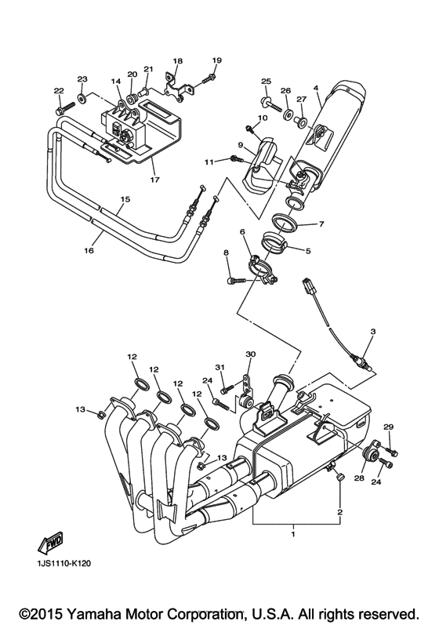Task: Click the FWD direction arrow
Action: [49, 544]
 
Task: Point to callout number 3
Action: [372, 332]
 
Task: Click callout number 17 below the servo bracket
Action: [154, 180]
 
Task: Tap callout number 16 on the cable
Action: [89, 250]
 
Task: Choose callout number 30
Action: [250, 354]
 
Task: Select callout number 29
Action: [387, 427]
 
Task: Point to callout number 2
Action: [339, 511]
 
